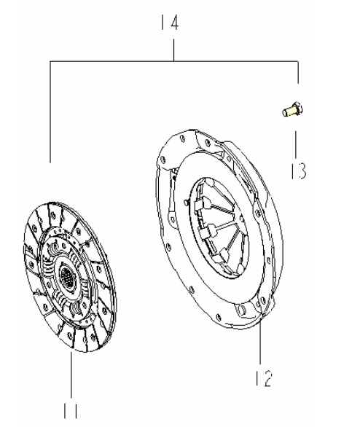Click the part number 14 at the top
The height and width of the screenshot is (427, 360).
tap(170, 23)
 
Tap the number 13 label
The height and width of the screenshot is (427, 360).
tap(299, 171)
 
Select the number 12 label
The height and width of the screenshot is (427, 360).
tap(264, 378)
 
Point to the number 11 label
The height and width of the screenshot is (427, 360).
tap(71, 410)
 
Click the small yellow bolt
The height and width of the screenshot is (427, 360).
tap(292, 109)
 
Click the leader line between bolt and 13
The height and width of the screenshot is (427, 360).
tap(296, 144)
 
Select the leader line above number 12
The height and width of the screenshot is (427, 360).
tap(260, 342)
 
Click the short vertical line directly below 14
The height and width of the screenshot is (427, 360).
tap(173, 50)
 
